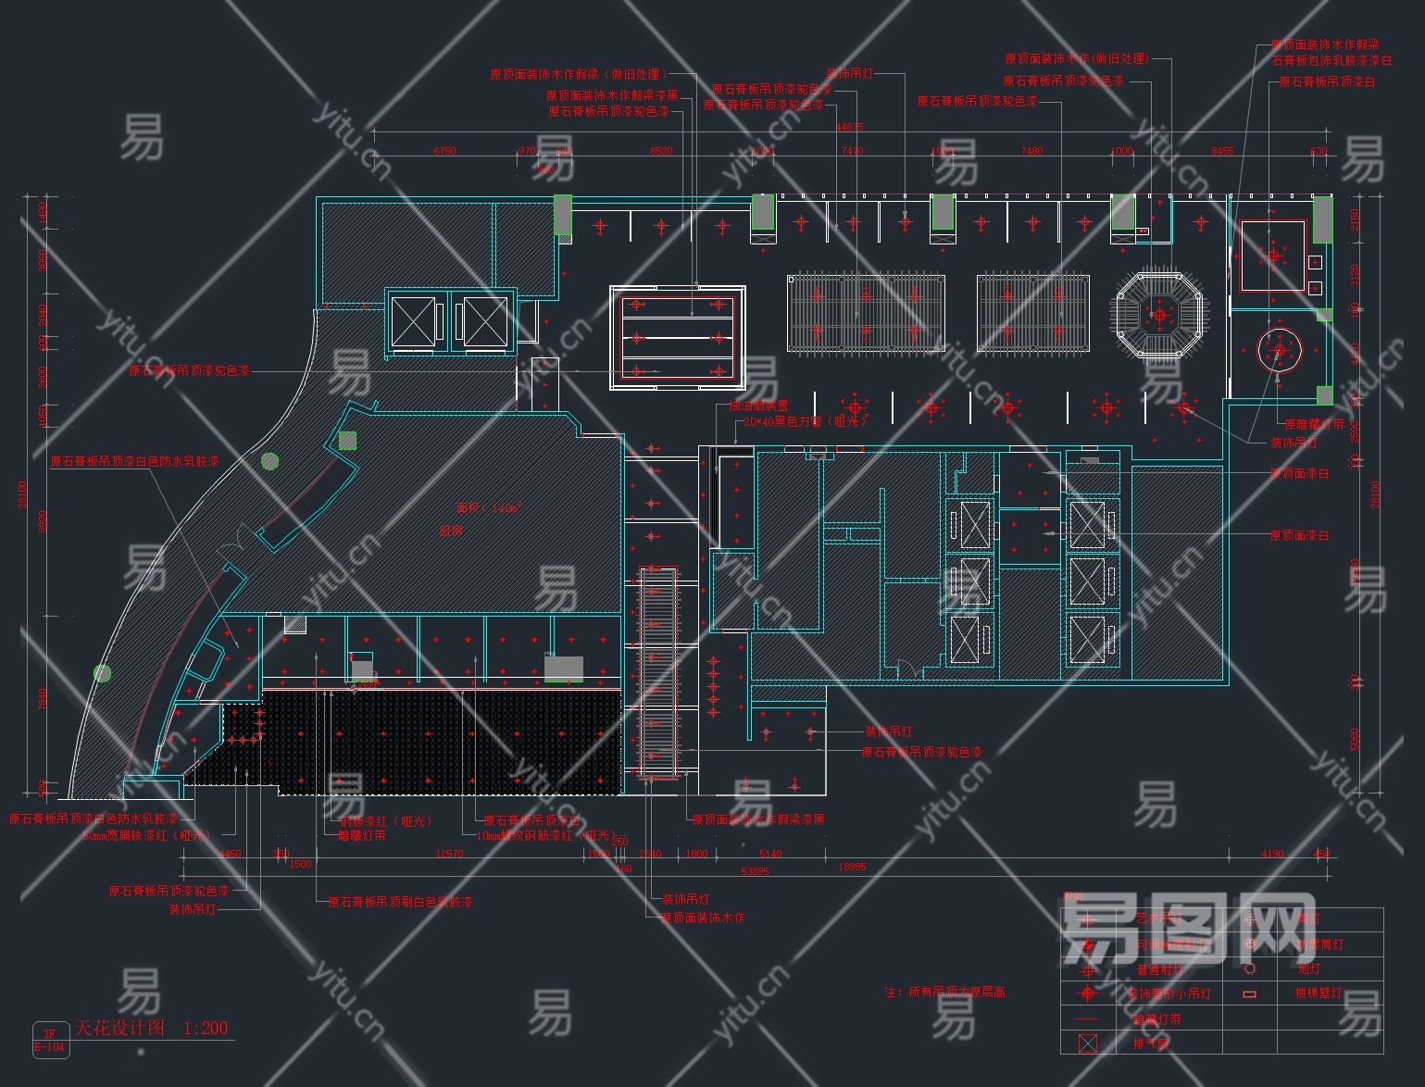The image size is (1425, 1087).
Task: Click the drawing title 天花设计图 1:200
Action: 152,1028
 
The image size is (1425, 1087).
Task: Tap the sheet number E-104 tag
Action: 49,1047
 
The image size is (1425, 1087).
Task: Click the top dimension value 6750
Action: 444,151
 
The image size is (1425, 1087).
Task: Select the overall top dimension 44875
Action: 849,127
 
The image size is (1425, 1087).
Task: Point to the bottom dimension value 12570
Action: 449,854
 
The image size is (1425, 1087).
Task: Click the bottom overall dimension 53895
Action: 755,871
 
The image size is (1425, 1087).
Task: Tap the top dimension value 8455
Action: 1222,151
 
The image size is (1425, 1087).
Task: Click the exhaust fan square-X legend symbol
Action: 1088,1043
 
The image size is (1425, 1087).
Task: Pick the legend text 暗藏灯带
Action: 1157,1019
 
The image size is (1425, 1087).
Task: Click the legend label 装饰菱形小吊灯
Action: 1169,993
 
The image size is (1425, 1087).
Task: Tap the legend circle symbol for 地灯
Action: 1249,968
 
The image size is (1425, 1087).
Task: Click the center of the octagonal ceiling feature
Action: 1159,315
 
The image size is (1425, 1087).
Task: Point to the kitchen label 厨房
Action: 451,531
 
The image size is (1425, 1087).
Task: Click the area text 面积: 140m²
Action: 488,507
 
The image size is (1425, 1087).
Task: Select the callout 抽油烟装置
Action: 758,406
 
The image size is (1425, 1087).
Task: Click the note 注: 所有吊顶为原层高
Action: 944,992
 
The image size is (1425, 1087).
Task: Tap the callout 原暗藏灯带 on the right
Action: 1314,424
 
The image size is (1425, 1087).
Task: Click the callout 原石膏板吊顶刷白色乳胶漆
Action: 400,901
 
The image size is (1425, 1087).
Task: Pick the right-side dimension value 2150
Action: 1356,219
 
